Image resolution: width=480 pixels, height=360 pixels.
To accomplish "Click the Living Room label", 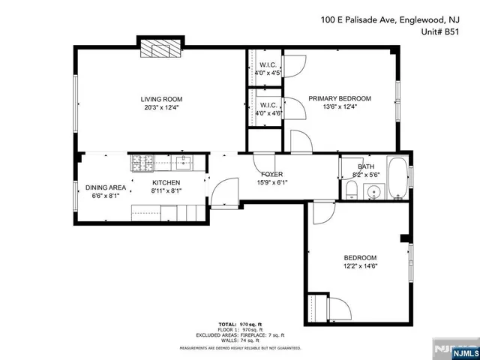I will pos(161,99).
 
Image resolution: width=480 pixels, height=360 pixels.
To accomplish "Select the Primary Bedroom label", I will pos(340,99).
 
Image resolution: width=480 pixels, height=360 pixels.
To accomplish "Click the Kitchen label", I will pos(166,182).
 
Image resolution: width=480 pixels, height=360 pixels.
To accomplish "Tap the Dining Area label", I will pos(105,187).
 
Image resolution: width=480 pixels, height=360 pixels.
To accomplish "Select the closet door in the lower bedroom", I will pos(338,308).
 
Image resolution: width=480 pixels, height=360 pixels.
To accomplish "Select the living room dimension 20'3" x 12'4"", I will pos(161,107).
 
